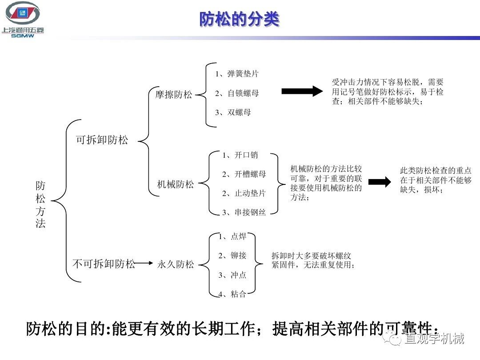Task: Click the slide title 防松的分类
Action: coord(239,19)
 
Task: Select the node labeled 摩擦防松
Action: coord(174,95)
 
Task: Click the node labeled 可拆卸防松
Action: coord(102,140)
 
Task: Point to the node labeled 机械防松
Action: coord(176,184)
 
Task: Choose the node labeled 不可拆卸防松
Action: coord(104,264)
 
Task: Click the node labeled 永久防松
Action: coord(176,264)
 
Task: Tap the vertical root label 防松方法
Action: coord(40,204)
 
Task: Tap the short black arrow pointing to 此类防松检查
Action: coord(380,182)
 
